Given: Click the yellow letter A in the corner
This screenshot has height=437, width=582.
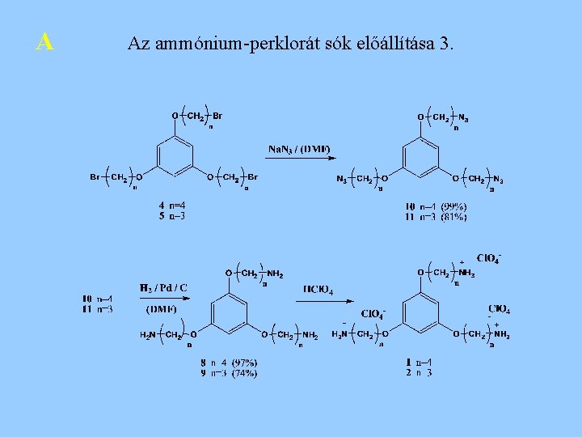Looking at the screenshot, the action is point(45,41).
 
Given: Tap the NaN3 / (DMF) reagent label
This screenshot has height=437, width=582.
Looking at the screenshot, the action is point(299,149).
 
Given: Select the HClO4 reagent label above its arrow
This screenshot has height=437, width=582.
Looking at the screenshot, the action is point(318,288).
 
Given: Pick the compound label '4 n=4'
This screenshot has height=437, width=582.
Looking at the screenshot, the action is point(172,206).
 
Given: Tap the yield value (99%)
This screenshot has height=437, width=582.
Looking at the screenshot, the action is point(453,206).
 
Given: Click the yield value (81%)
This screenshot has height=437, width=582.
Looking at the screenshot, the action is point(453,216).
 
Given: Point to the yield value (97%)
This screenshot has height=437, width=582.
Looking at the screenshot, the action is point(243,363).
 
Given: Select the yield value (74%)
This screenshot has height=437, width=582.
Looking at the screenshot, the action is point(243,373).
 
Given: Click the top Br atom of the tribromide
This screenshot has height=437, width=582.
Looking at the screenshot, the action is point(217,117).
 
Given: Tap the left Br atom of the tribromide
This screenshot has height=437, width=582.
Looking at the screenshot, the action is point(95,176).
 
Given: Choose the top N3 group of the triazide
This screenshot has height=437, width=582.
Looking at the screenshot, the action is point(463,118).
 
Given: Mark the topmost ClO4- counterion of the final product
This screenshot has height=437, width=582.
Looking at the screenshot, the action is point(488,258).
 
